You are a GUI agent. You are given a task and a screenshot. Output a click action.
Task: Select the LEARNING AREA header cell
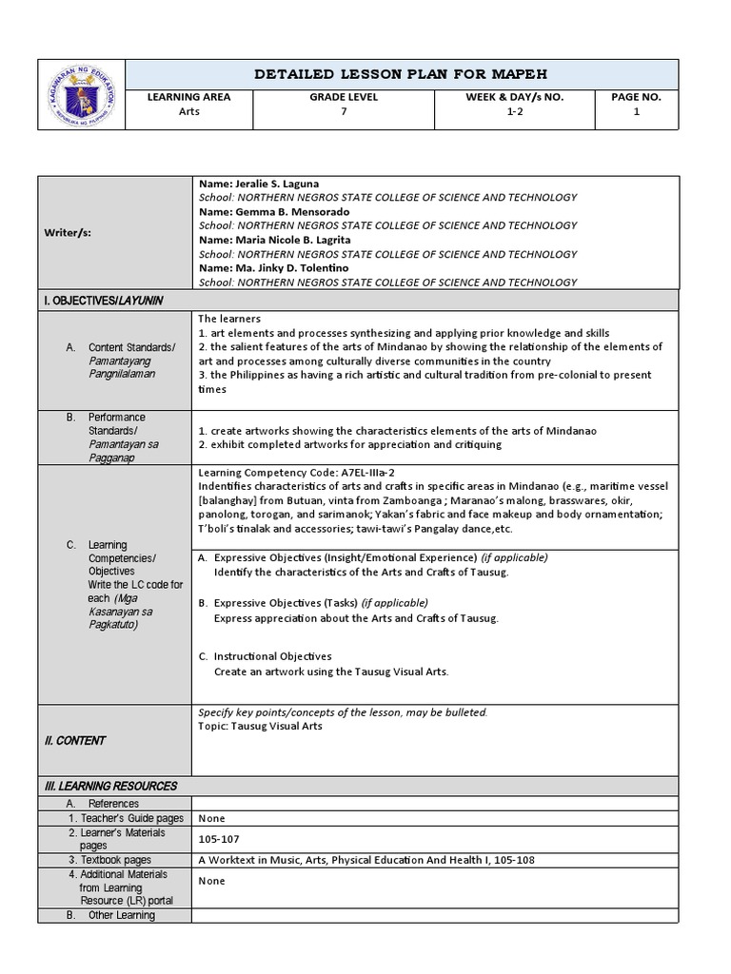(x=189, y=97)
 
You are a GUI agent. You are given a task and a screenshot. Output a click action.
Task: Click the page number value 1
(x=637, y=111)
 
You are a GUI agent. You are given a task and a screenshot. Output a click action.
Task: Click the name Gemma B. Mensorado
(x=273, y=211)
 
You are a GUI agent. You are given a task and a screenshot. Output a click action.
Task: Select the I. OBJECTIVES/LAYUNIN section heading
(x=104, y=300)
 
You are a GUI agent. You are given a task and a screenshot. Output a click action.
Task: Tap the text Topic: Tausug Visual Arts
(x=260, y=726)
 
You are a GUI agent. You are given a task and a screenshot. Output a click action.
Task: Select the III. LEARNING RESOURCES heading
(x=111, y=787)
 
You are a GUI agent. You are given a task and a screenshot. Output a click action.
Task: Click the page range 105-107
(x=217, y=839)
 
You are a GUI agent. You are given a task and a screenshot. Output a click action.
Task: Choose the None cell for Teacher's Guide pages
(x=211, y=818)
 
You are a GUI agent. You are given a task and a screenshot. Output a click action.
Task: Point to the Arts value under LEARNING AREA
(x=189, y=111)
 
